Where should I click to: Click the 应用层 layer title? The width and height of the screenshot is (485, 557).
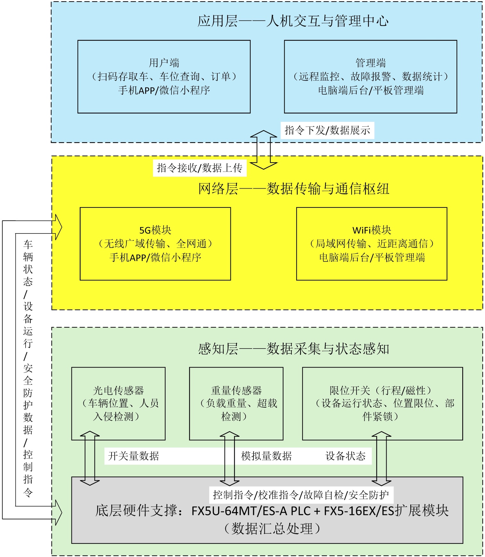pyautogui.click(x=293, y=21)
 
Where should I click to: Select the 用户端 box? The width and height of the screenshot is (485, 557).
pyautogui.click(x=164, y=77)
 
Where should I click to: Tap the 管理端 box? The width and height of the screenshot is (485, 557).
pyautogui.click(x=370, y=77)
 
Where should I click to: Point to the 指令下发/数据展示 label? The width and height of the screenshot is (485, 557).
pyautogui.click(x=327, y=131)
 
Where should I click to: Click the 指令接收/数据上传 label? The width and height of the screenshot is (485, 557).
pyautogui.click(x=199, y=168)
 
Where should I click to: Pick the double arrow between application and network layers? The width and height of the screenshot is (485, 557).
pyautogui.click(x=263, y=150)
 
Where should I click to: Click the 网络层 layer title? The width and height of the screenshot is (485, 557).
pyautogui.click(x=294, y=189)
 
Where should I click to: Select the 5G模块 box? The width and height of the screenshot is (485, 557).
pyautogui.click(x=155, y=244)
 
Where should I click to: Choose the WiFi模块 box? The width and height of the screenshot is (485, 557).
pyautogui.click(x=372, y=244)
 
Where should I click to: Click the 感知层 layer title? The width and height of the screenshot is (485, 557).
pyautogui.click(x=294, y=349)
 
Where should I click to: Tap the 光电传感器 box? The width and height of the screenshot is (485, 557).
pyautogui.click(x=118, y=403)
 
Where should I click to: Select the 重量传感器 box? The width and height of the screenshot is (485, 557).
pyautogui.click(x=236, y=403)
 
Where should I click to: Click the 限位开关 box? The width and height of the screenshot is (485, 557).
pyautogui.click(x=382, y=403)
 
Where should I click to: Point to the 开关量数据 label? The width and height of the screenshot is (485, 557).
pyautogui.click(x=134, y=456)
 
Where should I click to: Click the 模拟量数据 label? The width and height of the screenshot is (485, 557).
pyautogui.click(x=266, y=456)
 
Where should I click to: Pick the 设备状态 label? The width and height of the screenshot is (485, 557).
pyautogui.click(x=346, y=456)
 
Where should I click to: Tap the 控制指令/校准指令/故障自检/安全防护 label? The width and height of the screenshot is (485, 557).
pyautogui.click(x=301, y=495)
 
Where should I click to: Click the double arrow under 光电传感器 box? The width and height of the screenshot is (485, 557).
pyautogui.click(x=90, y=458)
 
